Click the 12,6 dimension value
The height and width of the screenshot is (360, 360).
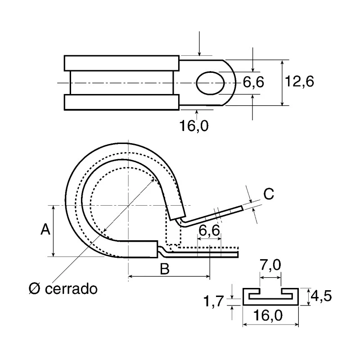point(299,81)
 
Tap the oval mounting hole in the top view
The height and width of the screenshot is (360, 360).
point(210,83)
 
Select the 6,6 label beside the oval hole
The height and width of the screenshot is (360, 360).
point(253,82)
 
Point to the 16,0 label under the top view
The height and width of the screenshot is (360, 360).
point(194,126)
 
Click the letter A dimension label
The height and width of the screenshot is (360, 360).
point(45,229)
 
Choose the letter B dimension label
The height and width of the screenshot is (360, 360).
point(165,269)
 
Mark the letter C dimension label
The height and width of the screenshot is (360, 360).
point(269,194)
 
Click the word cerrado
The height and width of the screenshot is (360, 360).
point(71,288)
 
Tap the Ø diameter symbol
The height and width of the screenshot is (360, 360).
point(35,288)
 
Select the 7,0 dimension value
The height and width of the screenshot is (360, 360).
point(270,265)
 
